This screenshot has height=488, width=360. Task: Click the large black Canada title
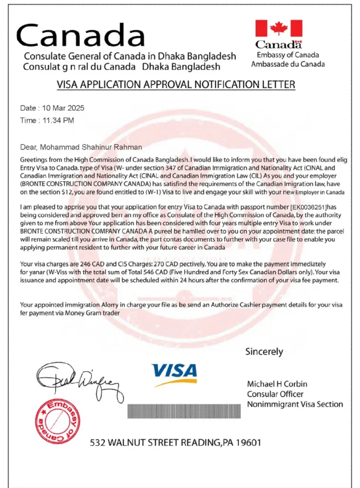point(81,35)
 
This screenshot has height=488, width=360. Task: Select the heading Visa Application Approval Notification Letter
point(176,84)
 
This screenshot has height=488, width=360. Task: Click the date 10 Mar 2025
point(61,108)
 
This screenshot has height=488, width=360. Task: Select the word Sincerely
point(264,352)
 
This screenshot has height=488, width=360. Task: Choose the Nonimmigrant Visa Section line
point(295,404)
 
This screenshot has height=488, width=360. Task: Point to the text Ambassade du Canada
point(288,64)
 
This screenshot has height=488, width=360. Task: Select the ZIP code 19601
point(249,443)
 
